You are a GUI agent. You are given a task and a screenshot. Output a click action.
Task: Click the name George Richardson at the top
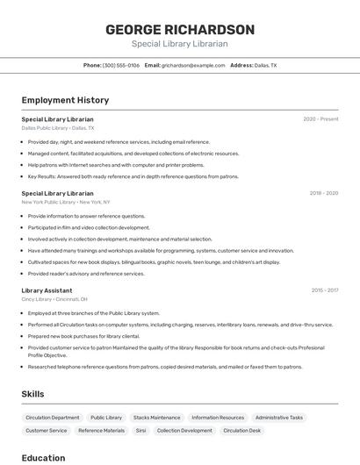tap(180, 30)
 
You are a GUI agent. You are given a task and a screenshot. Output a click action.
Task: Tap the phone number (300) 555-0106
tap(121, 65)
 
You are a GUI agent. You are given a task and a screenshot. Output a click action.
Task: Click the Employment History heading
tap(65, 100)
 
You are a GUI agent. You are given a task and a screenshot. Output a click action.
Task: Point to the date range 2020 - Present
tap(320, 118)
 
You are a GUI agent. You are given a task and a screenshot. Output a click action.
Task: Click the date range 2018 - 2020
tap(323, 193)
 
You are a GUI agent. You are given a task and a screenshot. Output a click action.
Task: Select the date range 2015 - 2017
tap(324, 290)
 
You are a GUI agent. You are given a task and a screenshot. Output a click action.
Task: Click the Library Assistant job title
tap(47, 290)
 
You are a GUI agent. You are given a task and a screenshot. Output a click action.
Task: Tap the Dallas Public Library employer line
tap(58, 128)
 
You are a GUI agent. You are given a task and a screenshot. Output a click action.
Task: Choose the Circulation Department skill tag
tap(53, 418)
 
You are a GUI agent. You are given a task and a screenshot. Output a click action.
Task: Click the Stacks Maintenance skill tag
tap(158, 418)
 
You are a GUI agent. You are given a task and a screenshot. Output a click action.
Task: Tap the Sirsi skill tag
tap(140, 431)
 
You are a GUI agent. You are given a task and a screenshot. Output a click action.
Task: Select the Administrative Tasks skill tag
tap(279, 418)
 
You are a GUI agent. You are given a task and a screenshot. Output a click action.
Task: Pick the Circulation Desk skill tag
tap(241, 431)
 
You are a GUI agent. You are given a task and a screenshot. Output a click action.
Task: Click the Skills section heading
tap(32, 394)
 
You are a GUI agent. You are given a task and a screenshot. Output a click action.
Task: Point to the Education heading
tap(43, 457)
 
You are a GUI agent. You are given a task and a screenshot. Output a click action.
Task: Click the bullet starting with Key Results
tap(133, 176)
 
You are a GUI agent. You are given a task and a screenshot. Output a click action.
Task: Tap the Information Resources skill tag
tap(218, 418)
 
